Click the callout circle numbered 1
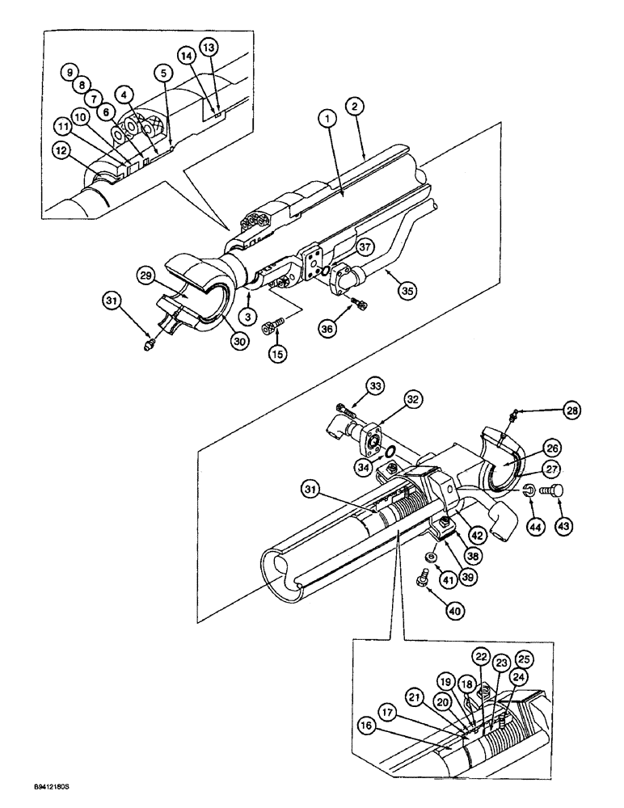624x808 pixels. [325, 119]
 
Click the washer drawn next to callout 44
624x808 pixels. [527, 490]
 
